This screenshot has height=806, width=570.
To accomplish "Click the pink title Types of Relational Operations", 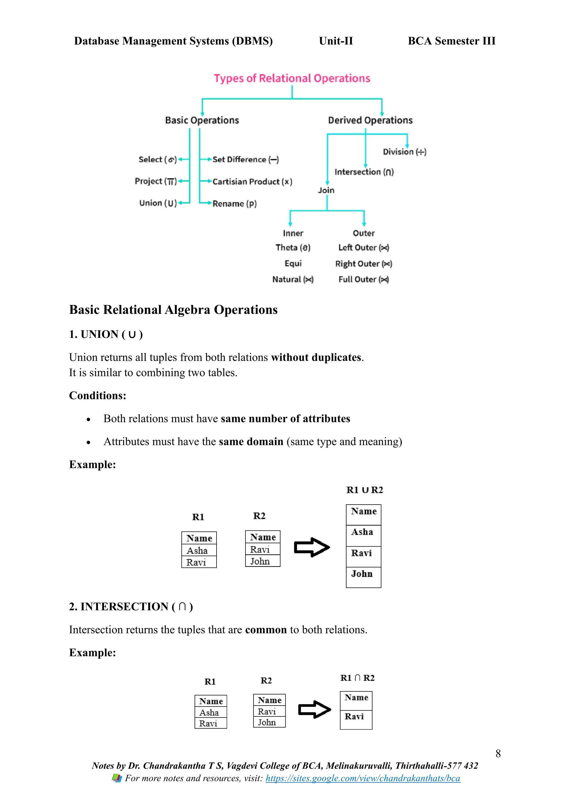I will pyautogui.click(x=292, y=78).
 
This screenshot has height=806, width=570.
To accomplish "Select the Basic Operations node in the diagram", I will pyautogui.click(x=202, y=121).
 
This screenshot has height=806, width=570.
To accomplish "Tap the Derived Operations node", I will pyautogui.click(x=370, y=121).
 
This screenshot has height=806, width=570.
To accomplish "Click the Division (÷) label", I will pyautogui.click(x=404, y=152).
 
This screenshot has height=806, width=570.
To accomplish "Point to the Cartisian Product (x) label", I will pyautogui.click(x=252, y=182).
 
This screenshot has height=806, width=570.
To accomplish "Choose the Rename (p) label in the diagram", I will pyautogui.click(x=234, y=204).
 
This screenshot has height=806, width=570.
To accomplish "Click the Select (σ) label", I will pyautogui.click(x=157, y=160).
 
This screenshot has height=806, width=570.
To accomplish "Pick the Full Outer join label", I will pyautogui.click(x=363, y=279).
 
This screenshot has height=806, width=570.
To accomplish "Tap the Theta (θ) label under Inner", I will pyautogui.click(x=293, y=248).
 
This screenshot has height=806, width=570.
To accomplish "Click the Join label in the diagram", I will pyautogui.click(x=326, y=191).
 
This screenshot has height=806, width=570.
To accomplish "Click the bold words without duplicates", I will pyautogui.click(x=316, y=357).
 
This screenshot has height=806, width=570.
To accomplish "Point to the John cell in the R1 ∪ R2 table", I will pyautogui.click(x=362, y=574).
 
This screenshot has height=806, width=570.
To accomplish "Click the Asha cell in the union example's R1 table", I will pyautogui.click(x=197, y=551).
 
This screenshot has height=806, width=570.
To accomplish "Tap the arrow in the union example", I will pyautogui.click(x=312, y=547).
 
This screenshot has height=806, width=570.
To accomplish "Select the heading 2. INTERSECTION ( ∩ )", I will pyautogui.click(x=131, y=607).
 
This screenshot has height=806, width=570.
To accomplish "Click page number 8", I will pyautogui.click(x=498, y=754).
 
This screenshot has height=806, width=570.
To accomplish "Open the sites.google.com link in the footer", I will pyautogui.click(x=363, y=779).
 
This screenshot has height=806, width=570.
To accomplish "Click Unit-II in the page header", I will pyautogui.click(x=336, y=41).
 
